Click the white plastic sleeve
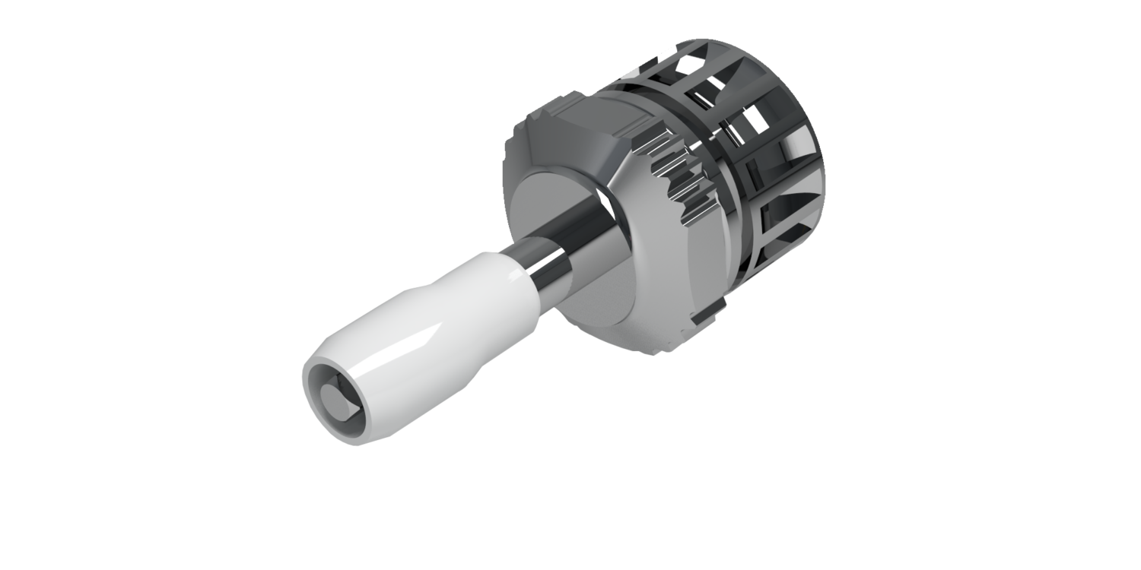coord(426,319)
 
